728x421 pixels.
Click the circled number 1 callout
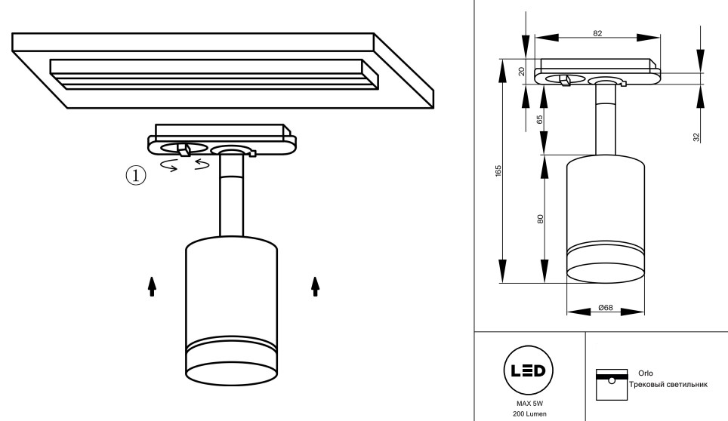(134, 176)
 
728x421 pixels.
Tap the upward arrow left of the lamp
(152, 285)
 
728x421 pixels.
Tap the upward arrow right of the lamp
(315, 285)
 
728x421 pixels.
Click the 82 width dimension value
(598, 33)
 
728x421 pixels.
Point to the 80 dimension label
(540, 219)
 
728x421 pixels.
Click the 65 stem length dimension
(540, 118)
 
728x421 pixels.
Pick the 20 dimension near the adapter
(520, 72)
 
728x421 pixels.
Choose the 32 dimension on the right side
(696, 137)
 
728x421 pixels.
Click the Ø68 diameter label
(605, 308)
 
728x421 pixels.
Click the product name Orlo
(645, 373)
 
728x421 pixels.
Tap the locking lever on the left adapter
(184, 147)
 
